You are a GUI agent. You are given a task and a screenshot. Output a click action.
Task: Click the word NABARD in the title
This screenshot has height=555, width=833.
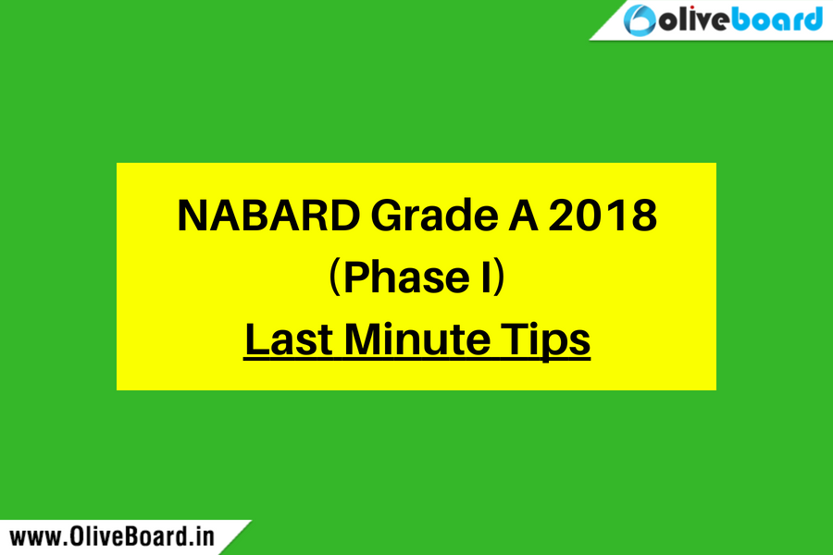(x=268, y=216)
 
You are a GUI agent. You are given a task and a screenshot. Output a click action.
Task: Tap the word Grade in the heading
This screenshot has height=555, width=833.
(x=435, y=216)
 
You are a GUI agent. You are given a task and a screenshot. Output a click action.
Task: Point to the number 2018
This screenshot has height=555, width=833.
(x=603, y=216)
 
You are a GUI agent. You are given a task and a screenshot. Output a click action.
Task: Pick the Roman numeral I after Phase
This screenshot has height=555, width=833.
(x=486, y=277)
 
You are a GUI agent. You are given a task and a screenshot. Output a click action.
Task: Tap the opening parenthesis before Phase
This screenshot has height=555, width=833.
(x=334, y=277)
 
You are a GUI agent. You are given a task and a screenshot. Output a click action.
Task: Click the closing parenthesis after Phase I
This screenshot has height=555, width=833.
(x=499, y=277)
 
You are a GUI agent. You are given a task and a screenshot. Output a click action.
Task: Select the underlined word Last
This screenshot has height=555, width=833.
(x=289, y=339)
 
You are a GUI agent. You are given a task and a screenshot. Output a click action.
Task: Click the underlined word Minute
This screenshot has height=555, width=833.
(x=417, y=339)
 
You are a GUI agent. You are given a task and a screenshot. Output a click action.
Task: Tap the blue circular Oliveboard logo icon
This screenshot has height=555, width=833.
(x=640, y=20)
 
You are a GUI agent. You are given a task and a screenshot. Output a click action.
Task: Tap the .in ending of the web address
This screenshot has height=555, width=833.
(x=203, y=536)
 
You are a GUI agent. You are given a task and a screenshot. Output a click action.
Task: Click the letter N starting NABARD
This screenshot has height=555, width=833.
(x=193, y=216)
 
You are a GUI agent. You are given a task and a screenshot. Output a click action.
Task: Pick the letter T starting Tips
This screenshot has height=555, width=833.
(x=515, y=339)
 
